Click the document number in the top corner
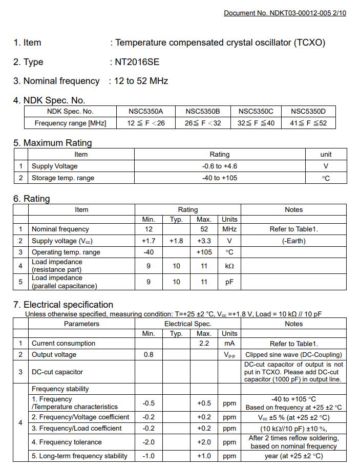pos(285,13)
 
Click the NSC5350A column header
pos(146,111)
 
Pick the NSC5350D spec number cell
pos(308,111)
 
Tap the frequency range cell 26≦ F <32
pos(203,123)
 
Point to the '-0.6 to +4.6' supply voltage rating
pos(219,166)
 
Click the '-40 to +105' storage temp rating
pos(219,178)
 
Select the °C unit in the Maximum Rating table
pos(326,178)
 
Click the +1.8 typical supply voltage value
pos(176,241)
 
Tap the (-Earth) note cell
pos(293,241)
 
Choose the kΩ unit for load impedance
pos(229,266)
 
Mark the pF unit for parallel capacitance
pos(229,282)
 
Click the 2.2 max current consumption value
pos(204,344)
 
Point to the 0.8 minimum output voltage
pos(149,354)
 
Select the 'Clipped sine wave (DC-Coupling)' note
pos(293,354)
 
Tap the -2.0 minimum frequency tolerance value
pos(149,442)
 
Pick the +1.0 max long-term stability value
pos(204,456)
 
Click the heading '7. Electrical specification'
pos(63,305)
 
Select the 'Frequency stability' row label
pos(60,389)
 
